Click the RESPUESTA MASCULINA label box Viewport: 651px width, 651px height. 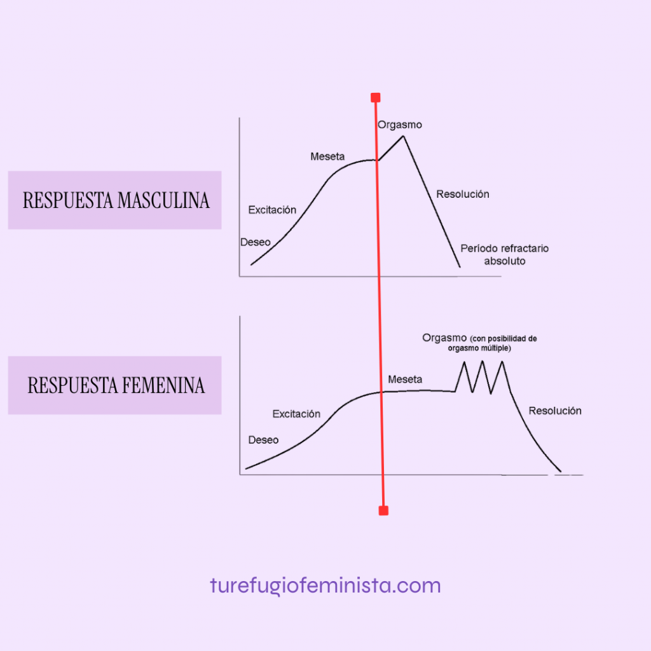pos(114,200)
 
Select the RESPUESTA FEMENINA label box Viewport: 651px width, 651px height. pos(114,385)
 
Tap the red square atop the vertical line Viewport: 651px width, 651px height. pos(375,97)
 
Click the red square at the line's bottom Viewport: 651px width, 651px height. pos(383,511)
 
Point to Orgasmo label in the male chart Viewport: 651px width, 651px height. pos(400,125)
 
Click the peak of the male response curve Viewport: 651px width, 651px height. pos(402,136)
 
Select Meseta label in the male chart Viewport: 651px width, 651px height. pos(327,156)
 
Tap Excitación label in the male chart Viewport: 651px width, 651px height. pos(272,210)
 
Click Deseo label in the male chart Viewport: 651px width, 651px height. pos(255,242)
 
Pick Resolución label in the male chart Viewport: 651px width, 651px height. pos(463,194)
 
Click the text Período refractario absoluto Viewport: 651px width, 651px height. pos(505,254)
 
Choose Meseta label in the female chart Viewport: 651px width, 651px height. pos(405,380)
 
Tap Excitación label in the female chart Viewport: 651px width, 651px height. pos(296,414)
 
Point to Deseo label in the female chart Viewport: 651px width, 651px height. pos(263,440)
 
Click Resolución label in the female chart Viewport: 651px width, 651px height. pos(555,411)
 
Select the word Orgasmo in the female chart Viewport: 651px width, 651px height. pos(444,338)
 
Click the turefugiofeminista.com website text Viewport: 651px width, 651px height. pos(325,585)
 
